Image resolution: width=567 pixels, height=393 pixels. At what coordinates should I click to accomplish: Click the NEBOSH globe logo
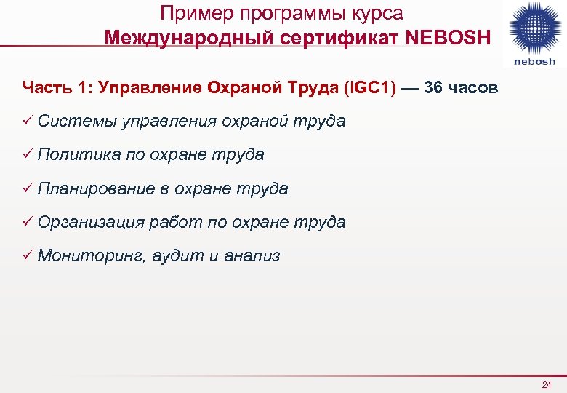(534, 27)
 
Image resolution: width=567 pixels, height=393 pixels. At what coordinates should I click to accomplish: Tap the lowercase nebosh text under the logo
(534, 61)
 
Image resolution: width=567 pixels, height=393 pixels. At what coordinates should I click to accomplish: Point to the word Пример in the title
(190, 13)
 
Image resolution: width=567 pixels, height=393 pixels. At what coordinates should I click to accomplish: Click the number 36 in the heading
(433, 88)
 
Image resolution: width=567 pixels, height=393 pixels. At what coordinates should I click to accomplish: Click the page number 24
(547, 384)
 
